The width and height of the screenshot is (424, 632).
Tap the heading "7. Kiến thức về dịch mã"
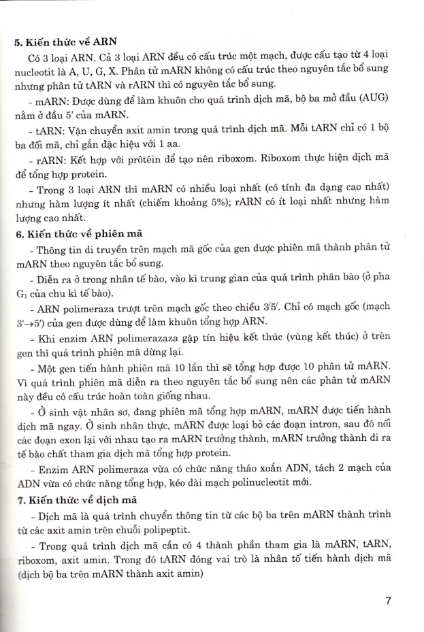pos(69,499)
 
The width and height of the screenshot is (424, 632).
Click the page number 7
pos(388,601)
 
